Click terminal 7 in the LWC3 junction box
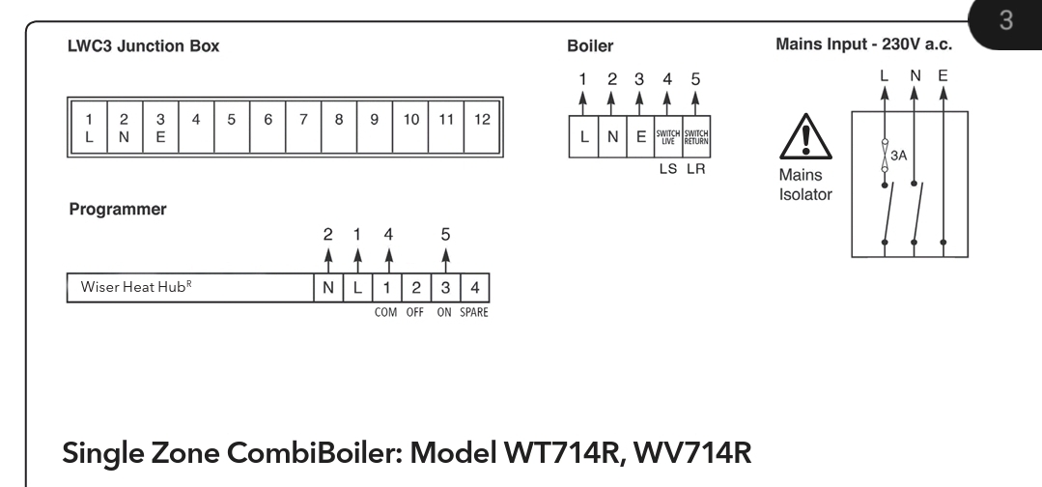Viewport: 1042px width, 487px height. tap(303, 128)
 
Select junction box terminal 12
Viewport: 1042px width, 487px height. tap(482, 128)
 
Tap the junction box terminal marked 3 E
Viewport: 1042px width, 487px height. tap(160, 128)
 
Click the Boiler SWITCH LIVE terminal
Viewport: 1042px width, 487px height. tap(668, 136)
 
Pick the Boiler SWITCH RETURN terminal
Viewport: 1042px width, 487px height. tap(695, 136)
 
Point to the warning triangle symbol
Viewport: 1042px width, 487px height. tap(805, 137)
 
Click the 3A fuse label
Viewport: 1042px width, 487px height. tap(898, 156)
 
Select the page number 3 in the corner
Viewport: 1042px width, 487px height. tap(1006, 20)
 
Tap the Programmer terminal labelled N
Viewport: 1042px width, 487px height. tap(328, 287)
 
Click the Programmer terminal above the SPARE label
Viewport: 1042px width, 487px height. tap(474, 287)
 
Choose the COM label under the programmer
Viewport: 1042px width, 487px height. tap(385, 312)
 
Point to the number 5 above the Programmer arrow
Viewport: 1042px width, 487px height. tap(445, 234)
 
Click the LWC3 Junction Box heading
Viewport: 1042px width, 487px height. tap(144, 46)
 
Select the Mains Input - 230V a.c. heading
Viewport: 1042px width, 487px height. tap(864, 44)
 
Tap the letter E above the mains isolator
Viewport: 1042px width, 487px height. tap(943, 75)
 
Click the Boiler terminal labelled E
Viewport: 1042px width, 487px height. tap(640, 136)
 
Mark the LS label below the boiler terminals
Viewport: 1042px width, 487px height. tap(668, 169)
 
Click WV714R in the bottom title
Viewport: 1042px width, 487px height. tap(692, 453)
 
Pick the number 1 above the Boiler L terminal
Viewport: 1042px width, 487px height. tap(582, 79)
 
